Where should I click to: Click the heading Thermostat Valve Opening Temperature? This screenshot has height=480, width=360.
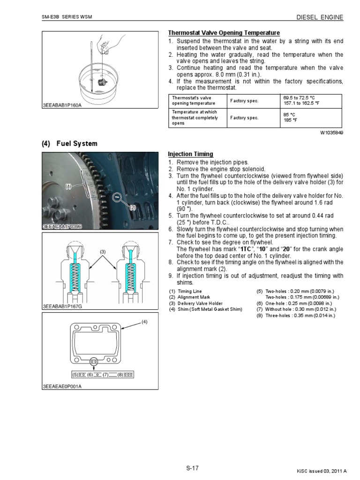pos(224,33)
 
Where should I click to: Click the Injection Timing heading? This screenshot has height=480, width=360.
pos(190,154)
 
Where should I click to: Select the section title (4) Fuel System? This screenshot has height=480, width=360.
pos(70,143)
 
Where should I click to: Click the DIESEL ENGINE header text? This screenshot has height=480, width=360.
pos(320,17)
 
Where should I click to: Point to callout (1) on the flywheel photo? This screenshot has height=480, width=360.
pos(69,187)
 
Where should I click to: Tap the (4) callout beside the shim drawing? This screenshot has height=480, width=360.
pos(145,322)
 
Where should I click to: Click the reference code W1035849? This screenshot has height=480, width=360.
pos(331,133)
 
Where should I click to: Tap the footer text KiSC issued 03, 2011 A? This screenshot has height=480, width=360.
pos(322,471)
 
